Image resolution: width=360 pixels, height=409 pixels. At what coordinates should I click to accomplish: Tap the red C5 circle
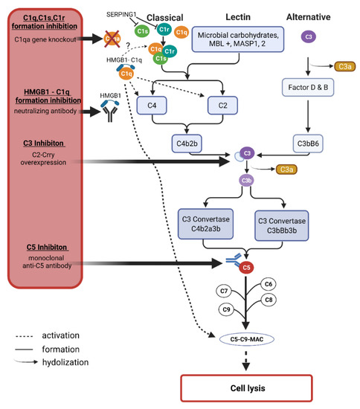click(x=247, y=266)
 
